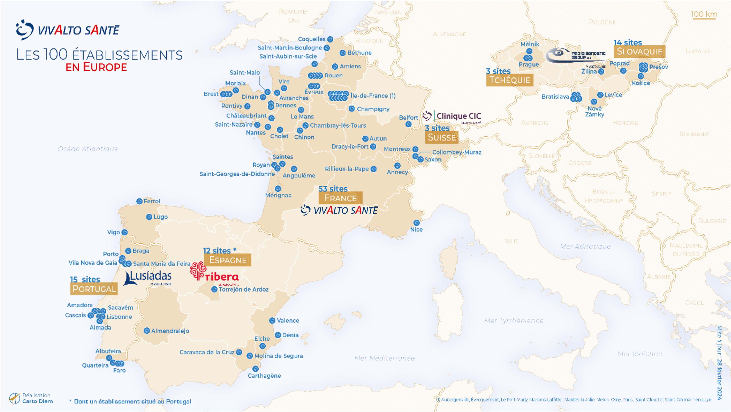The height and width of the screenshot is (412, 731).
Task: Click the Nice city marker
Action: point(416,223)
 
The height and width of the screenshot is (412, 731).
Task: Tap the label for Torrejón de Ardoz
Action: point(244,289)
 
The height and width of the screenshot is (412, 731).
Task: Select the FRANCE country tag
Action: point(340,198)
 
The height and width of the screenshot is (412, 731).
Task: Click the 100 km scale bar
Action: point(704,15)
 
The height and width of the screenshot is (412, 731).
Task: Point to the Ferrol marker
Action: point(139,201)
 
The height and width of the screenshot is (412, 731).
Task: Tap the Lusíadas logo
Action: point(148,278)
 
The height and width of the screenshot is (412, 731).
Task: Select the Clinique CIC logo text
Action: point(458,116)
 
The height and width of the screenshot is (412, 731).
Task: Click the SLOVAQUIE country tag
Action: point(639,51)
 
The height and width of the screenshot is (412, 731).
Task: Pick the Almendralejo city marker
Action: point(147,331)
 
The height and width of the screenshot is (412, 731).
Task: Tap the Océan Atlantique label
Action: point(88,149)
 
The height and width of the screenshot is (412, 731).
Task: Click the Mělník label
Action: point(530,44)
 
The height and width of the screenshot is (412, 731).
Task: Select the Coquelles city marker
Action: point(330,39)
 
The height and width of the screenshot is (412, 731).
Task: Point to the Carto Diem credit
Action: point(37,401)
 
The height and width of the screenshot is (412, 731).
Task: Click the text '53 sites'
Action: point(333,189)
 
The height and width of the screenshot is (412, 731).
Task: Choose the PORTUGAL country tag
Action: point(94,289)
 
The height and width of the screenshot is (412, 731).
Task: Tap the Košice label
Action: point(641,83)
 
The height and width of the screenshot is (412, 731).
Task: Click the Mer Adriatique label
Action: point(585,246)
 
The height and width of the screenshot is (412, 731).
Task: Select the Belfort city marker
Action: point(408,124)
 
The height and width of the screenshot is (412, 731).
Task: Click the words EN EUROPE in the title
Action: point(96,67)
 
